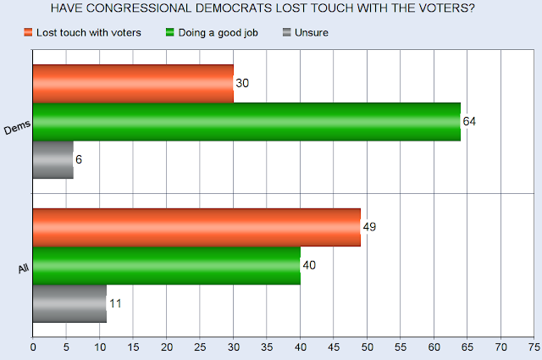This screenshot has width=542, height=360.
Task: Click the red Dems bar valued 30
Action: click(133, 83)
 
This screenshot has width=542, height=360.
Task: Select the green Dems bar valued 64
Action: click(246, 121)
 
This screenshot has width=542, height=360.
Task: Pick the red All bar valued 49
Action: click(196, 227)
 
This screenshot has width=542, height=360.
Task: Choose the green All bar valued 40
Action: click(166, 265)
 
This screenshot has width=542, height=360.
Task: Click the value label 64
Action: click(470, 121)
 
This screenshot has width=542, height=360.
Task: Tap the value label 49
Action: click(370, 227)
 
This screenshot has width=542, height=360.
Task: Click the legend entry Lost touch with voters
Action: click(80, 32)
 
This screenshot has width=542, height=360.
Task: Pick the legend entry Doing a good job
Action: click(213, 32)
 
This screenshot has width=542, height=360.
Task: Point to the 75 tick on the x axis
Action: click(534, 346)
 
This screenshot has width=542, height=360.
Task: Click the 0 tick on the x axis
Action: click(33, 346)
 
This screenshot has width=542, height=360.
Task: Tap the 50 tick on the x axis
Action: click(367, 346)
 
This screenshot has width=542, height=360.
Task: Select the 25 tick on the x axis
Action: click(200, 346)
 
